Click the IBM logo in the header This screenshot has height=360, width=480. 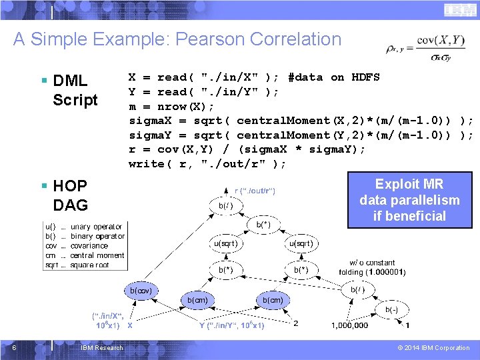455,10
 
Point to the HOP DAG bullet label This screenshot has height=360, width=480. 70,195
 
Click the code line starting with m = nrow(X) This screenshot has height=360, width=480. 171,106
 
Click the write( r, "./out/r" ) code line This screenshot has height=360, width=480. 207,164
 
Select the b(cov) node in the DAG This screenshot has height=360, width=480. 141,291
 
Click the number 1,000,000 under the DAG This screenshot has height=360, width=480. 350,325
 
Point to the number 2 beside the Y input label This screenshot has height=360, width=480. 296,324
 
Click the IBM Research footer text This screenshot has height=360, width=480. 101,348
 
